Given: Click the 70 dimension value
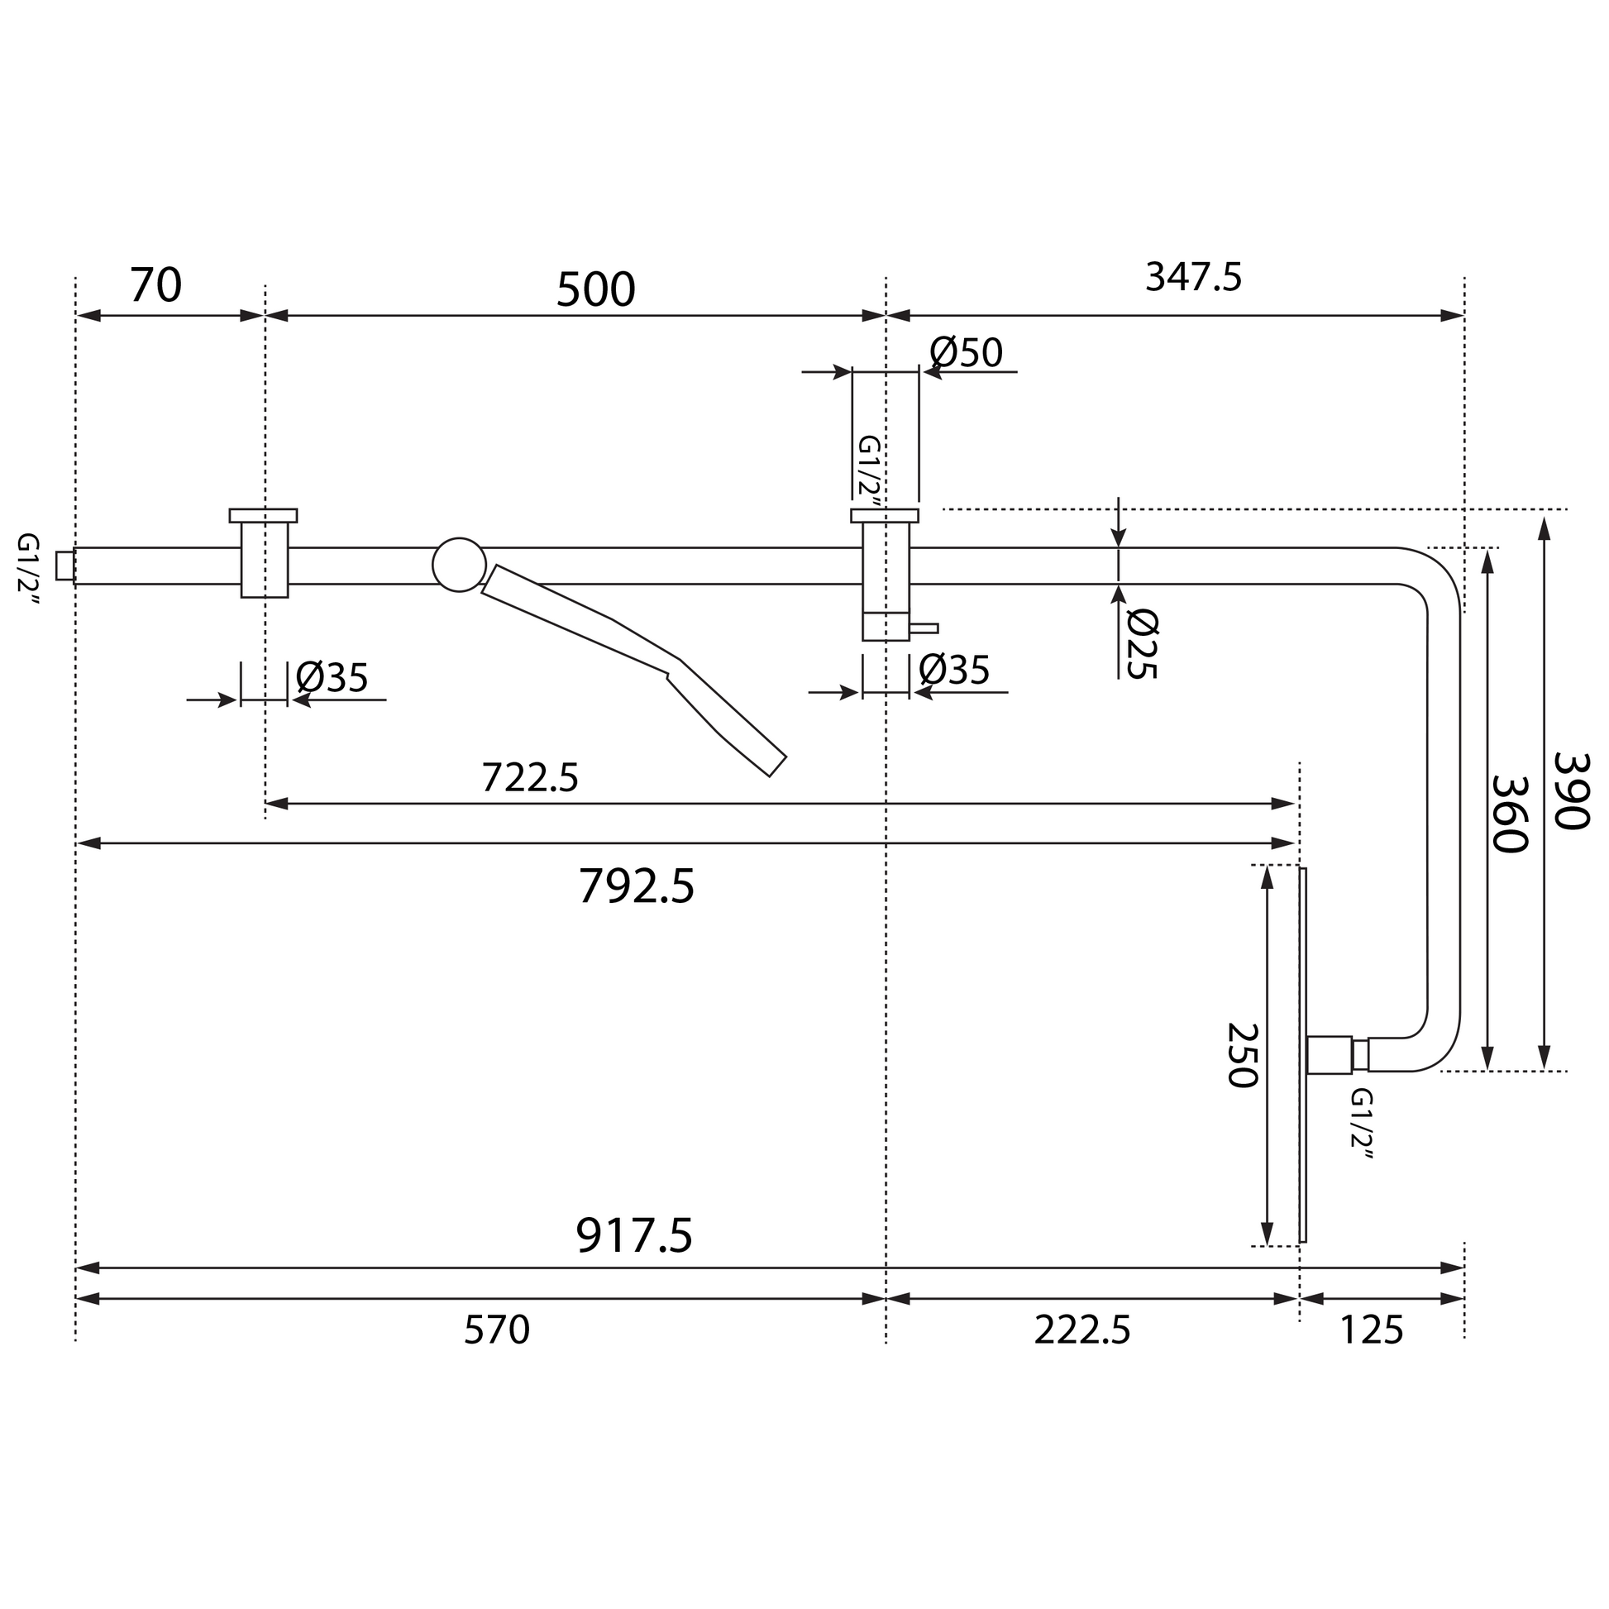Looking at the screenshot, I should click(155, 285).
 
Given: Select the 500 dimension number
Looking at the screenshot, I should click(594, 291).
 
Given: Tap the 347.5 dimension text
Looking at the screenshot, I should click(1192, 277).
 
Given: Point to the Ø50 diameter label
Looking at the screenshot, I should click(966, 353).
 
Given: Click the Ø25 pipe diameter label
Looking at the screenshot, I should click(1142, 644).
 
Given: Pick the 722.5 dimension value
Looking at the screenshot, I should click(530, 779).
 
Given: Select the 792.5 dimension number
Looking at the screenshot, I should click(636, 886).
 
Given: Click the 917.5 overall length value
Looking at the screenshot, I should click(634, 1236).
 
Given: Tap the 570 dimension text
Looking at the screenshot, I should click(496, 1330).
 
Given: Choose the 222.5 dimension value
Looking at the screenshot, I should click(1081, 1330).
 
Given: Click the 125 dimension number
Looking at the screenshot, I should click(1371, 1330).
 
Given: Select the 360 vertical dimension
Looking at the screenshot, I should click(1509, 814).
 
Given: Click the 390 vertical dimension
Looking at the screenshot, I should click(1572, 791).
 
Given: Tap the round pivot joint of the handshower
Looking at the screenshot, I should click(459, 565).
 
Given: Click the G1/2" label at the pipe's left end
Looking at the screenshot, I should click(27, 563).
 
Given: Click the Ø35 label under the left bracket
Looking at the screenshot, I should click(332, 678).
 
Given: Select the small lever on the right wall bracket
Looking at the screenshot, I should click(924, 628).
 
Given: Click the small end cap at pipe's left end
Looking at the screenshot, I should click(65, 566).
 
